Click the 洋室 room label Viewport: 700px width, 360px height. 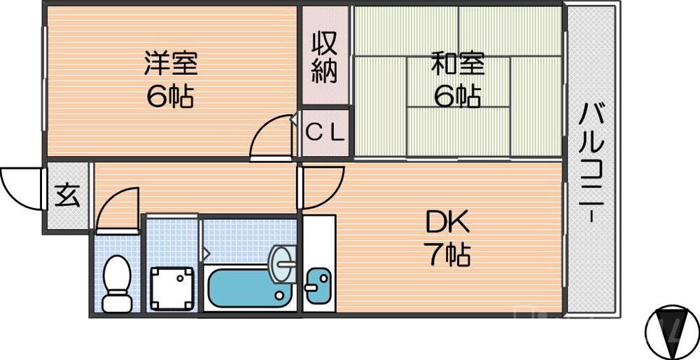[x=170, y=64]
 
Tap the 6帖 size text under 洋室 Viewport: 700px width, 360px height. [x=170, y=97]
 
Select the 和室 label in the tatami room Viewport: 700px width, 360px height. [x=457, y=64]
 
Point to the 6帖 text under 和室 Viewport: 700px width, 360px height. [x=457, y=97]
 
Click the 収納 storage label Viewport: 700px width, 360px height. [x=325, y=57]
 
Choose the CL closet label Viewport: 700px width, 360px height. [x=325, y=132]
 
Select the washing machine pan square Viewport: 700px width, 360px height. [x=171, y=288]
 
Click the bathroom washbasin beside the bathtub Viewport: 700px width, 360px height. [x=283, y=263]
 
